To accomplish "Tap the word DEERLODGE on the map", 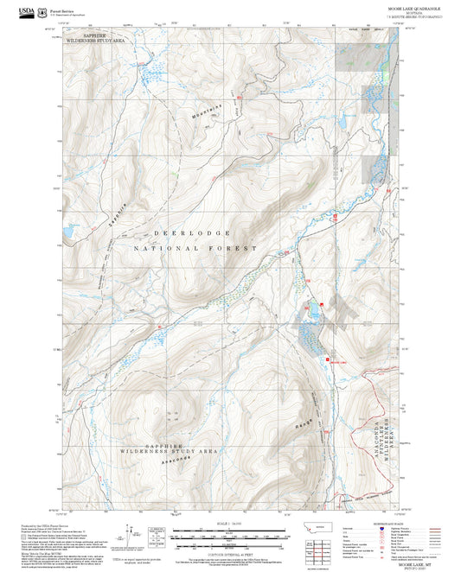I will tap(193, 233).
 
